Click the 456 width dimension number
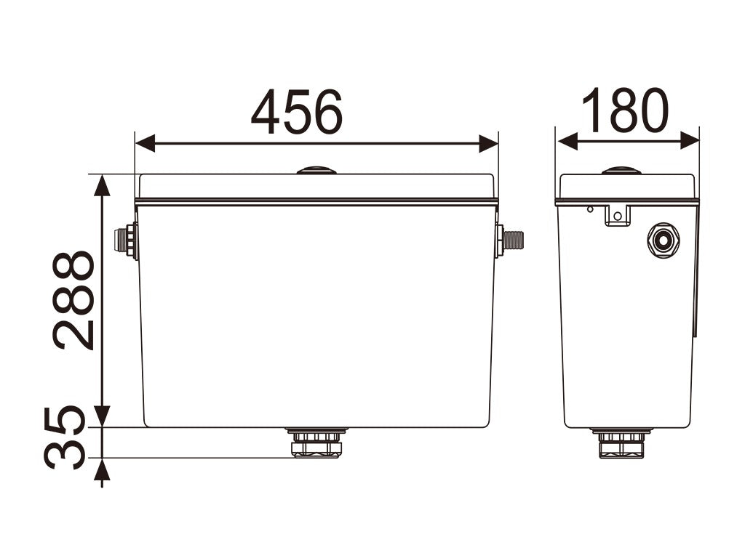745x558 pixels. coord(297,111)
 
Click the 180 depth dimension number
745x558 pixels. coord(625,110)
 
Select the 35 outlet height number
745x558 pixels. coord(65,437)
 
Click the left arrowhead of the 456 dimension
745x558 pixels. coord(145,143)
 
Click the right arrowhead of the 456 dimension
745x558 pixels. coord(488,143)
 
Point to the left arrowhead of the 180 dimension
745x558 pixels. coord(567,141)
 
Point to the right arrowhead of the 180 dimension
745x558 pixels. coord(690,141)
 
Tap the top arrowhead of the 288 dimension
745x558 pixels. coord(102,185)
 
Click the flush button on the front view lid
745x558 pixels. coord(316,170)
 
